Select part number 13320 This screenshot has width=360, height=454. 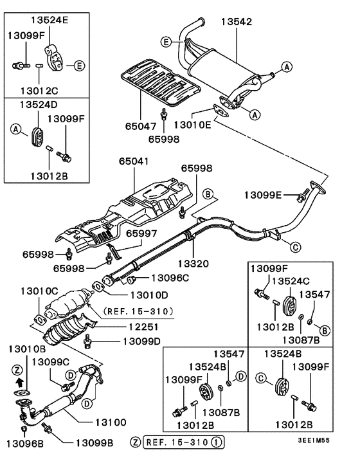pyautogui.click(x=193, y=263)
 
